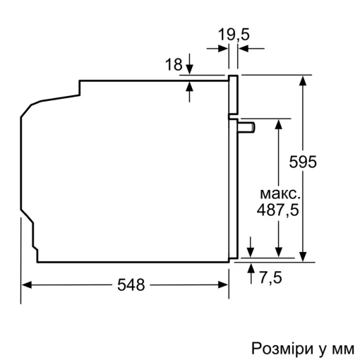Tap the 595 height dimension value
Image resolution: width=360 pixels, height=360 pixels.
[x=303, y=162]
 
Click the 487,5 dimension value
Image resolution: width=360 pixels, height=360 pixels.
[x=280, y=210]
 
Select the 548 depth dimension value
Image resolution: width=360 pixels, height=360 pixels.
[x=131, y=285]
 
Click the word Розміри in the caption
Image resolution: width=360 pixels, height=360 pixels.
[x=276, y=349]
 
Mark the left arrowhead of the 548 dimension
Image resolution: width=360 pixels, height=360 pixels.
[x=27, y=285]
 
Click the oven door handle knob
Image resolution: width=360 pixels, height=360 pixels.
[x=248, y=126]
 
